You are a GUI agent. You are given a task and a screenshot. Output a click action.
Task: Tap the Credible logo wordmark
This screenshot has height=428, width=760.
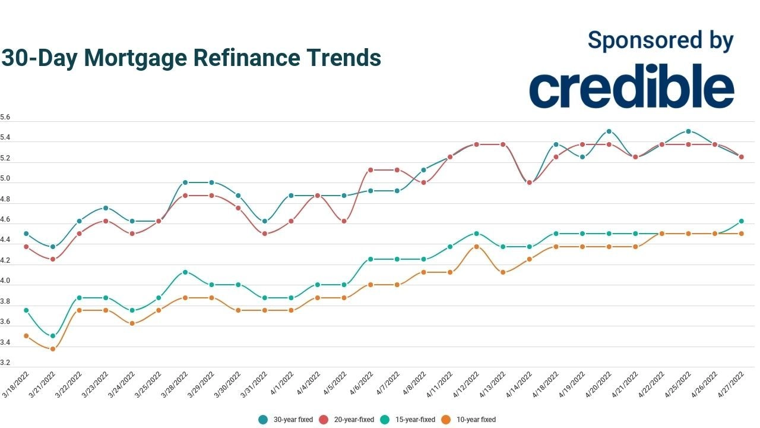tap(632, 88)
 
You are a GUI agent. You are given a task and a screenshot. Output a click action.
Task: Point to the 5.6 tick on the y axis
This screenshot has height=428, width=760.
tap(5, 118)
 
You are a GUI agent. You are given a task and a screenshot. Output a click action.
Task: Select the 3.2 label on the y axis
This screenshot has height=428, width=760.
tap(5, 363)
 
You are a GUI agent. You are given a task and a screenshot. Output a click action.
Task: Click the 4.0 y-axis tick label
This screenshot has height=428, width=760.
tap(5, 281)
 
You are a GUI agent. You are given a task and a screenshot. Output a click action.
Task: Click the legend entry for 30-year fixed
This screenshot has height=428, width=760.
tap(286, 420)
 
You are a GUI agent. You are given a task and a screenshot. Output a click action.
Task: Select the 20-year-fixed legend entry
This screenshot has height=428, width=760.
tap(347, 420)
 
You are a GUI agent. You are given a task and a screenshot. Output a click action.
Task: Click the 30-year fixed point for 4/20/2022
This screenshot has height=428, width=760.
tap(609, 131)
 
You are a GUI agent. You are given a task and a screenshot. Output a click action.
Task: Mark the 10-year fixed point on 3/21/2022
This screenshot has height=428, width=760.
tap(53, 349)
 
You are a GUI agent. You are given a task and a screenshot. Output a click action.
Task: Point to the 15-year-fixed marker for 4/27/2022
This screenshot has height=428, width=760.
tap(741, 221)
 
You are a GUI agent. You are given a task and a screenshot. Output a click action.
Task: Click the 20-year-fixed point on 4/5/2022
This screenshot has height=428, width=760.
tap(344, 221)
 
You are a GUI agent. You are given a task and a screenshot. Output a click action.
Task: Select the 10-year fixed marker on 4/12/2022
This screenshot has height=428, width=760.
tap(476, 247)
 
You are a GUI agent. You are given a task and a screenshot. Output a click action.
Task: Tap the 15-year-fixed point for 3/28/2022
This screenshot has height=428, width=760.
tap(185, 272)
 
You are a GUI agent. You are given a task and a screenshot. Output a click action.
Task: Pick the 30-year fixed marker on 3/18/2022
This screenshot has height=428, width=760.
tap(26, 234)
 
